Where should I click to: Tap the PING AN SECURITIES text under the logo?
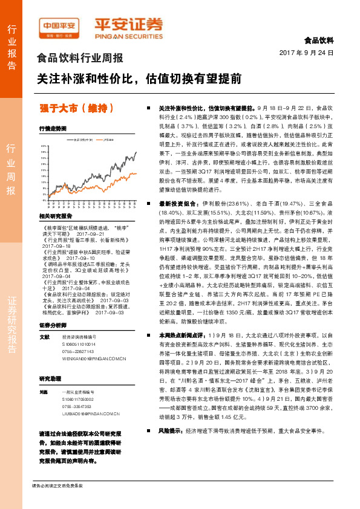click(x=128, y=36)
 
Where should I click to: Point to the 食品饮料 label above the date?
click(x=318, y=41)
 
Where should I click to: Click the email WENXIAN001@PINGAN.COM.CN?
click(x=94, y=358)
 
